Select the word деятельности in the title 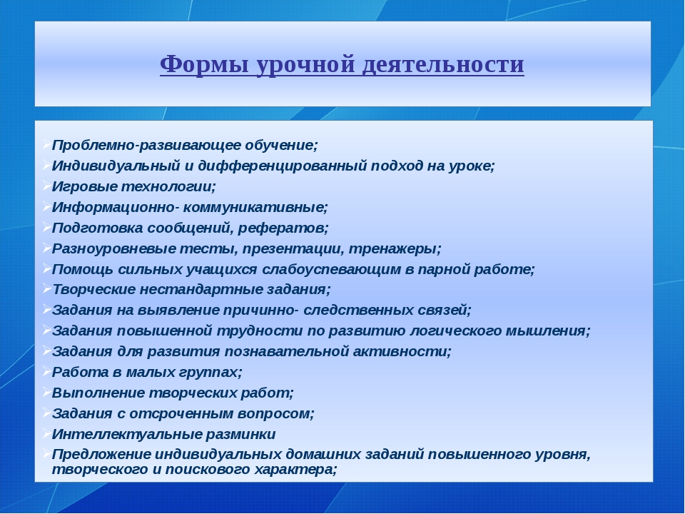443,65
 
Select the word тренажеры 395,248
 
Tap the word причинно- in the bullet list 261,311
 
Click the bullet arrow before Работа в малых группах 47,371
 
